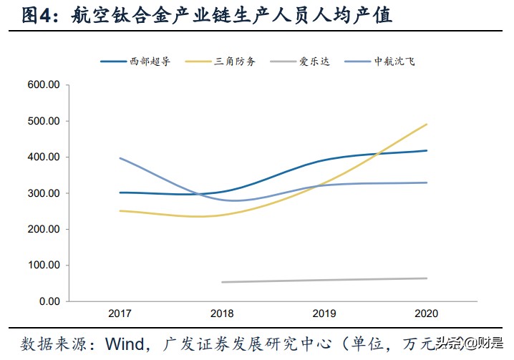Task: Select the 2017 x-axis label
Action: point(120,314)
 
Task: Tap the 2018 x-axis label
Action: point(222,314)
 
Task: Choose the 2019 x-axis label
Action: point(324,314)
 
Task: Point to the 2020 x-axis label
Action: point(427,314)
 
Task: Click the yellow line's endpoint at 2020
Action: point(427,125)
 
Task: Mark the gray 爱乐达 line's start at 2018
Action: point(222,282)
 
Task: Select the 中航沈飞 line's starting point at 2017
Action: point(120,157)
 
